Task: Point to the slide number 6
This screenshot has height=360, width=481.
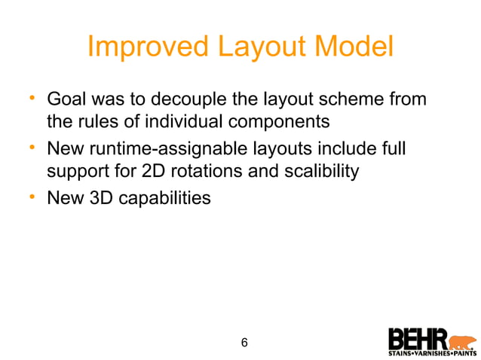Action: pos(244,343)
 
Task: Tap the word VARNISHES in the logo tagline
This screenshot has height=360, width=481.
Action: pos(432,352)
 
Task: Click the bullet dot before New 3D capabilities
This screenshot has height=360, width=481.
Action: pos(32,198)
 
